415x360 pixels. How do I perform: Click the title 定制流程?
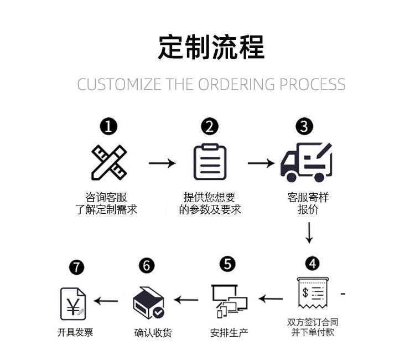(x=211, y=47)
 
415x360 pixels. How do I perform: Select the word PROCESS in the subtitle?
(x=312, y=85)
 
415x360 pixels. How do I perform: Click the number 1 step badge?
(x=108, y=127)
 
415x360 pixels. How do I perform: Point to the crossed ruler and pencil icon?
(x=109, y=162)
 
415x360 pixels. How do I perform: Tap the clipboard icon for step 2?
(x=210, y=161)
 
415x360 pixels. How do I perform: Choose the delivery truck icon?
(x=306, y=162)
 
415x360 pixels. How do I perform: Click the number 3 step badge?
(x=304, y=127)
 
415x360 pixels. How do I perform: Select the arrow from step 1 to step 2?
(x=162, y=163)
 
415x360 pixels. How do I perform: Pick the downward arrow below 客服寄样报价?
(x=309, y=233)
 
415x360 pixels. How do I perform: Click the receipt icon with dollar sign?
(x=312, y=293)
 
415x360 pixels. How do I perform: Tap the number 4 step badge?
(x=312, y=263)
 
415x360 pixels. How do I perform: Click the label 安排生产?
(x=229, y=333)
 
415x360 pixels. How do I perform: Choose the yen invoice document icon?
(x=73, y=304)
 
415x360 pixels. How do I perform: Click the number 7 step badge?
(x=76, y=268)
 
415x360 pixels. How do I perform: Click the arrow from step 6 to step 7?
(x=106, y=301)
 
